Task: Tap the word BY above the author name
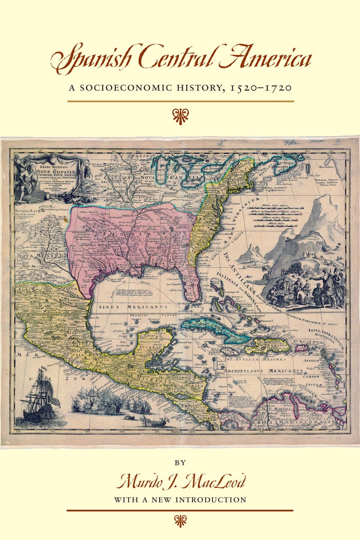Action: tap(180, 462)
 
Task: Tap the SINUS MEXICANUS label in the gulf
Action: tap(133, 307)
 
